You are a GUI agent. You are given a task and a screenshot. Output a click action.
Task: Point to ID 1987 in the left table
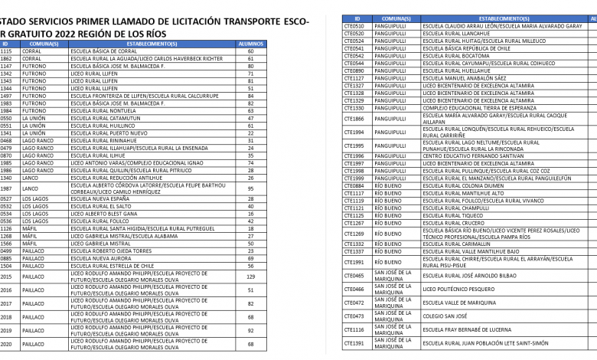pyautogui.click(x=6, y=188)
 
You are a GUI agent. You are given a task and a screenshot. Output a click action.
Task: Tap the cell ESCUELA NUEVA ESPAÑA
pyautogui.click(x=100, y=198)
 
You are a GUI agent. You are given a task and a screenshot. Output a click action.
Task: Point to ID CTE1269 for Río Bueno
pyautogui.click(x=354, y=233)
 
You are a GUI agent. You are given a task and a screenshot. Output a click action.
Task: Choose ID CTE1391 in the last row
pyautogui.click(x=354, y=343)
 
